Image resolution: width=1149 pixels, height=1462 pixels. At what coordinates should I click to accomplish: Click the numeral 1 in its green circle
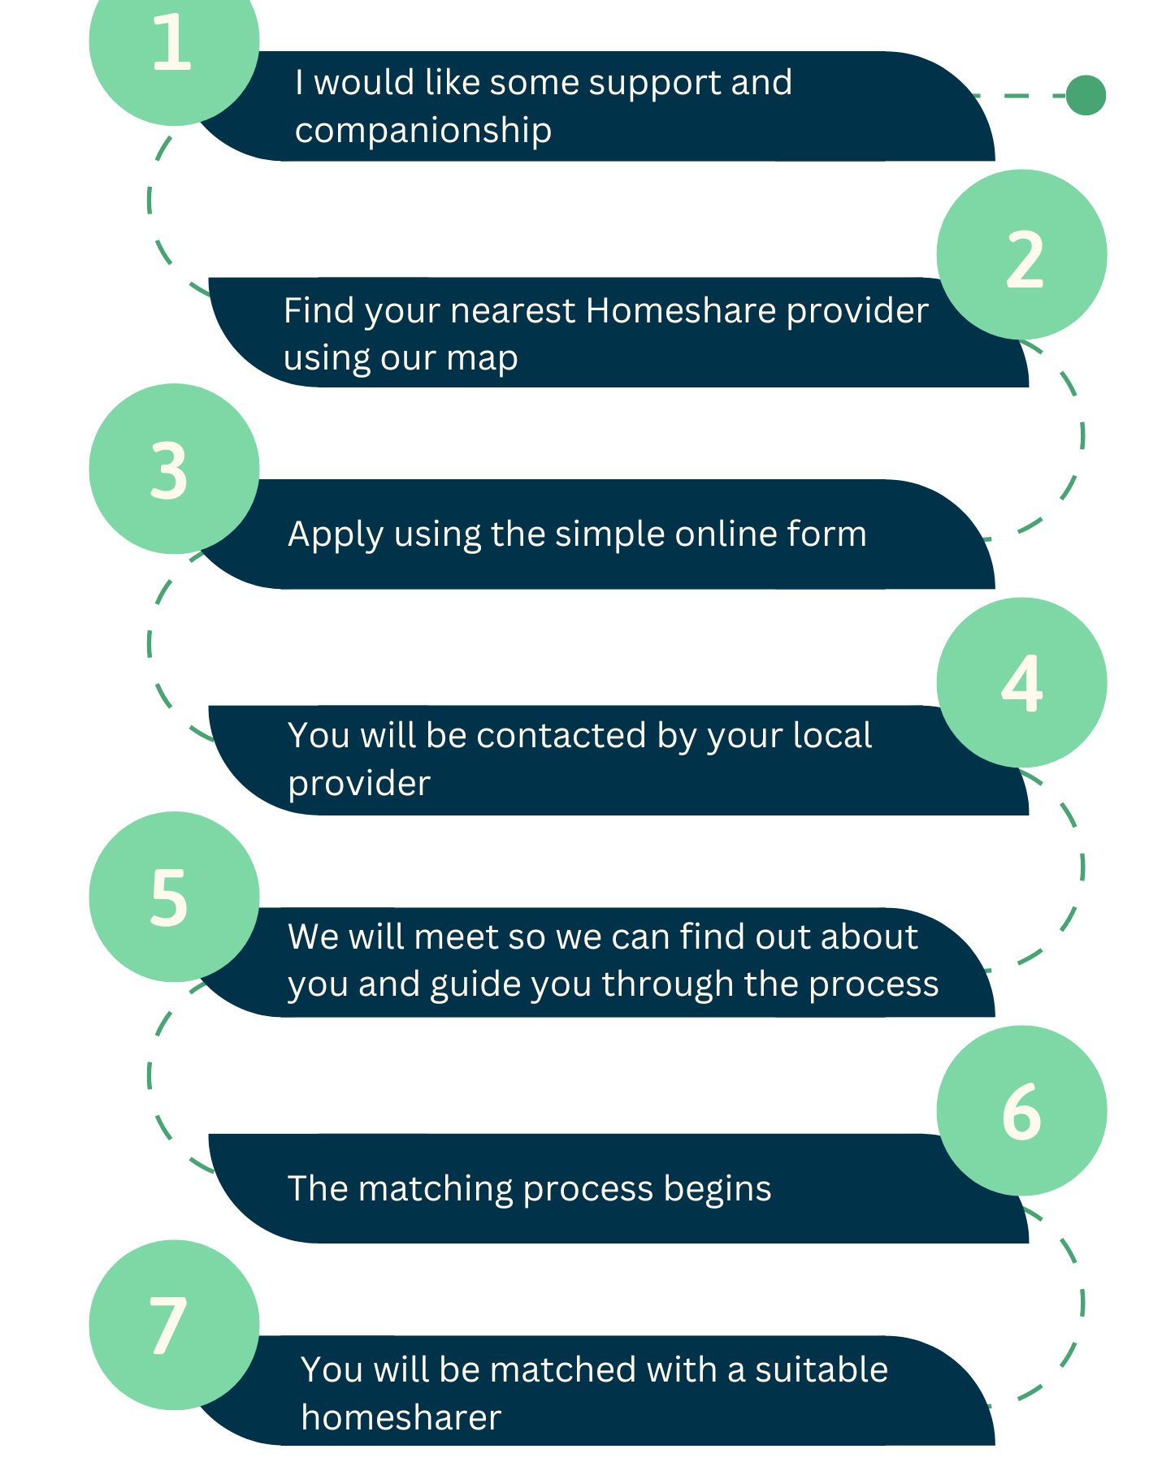pos(171,42)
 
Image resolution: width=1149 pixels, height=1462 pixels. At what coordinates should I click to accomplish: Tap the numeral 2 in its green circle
pos(1024,259)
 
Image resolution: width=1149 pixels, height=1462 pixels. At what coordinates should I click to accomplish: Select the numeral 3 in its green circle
pos(169,470)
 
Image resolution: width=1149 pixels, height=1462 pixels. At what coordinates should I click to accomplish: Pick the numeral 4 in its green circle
pos(1021,684)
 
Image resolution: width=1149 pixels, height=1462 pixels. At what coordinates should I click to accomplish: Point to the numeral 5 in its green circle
pos(169,898)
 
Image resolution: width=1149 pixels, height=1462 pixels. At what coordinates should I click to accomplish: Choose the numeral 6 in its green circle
pos(1021,1112)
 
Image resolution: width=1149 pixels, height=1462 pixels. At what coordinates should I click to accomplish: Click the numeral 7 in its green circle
pos(168,1326)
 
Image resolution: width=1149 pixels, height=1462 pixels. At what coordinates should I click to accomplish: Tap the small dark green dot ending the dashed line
pos(1086,95)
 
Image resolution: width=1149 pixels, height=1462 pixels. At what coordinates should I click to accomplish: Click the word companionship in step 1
pos(423,130)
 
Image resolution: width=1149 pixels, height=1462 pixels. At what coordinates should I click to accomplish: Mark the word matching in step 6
pos(436,1189)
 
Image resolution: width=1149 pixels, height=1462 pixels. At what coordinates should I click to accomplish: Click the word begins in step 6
pos(717,1189)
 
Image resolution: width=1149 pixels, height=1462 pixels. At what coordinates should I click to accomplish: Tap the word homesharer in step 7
pos(401,1418)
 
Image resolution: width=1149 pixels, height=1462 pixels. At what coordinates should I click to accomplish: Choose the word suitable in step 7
pos(821,1370)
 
